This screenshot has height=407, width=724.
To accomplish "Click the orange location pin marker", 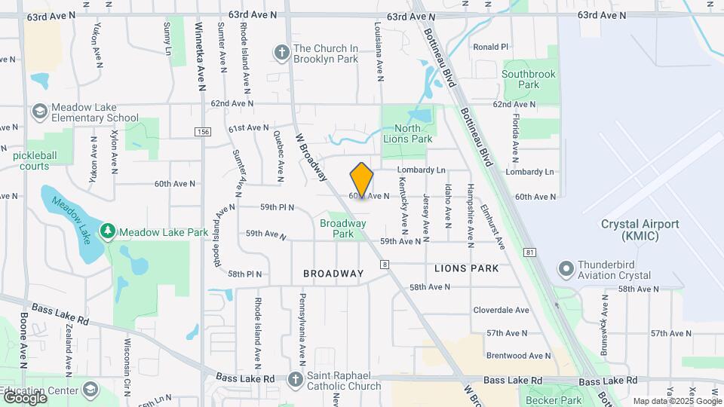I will point(362,179).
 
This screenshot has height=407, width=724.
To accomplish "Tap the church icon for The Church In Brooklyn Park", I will point(282,53).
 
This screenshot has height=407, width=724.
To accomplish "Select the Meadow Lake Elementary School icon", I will point(39,112).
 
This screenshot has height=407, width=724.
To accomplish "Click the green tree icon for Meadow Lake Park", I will point(108,232).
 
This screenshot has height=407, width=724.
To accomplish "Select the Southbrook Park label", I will point(529,79).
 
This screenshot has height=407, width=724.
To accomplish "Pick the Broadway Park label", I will point(342,228).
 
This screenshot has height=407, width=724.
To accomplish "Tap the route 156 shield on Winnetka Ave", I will point(202,132).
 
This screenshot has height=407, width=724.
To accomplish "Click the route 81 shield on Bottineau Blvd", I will point(532,251).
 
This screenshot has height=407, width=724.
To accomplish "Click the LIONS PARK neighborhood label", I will point(466,268).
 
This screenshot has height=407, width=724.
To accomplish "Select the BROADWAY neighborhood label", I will point(333,274).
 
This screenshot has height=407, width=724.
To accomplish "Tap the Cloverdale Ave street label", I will point(501,310).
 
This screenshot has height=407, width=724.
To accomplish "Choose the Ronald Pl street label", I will point(491,47).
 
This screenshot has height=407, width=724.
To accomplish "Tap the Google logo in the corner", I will point(24,397).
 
